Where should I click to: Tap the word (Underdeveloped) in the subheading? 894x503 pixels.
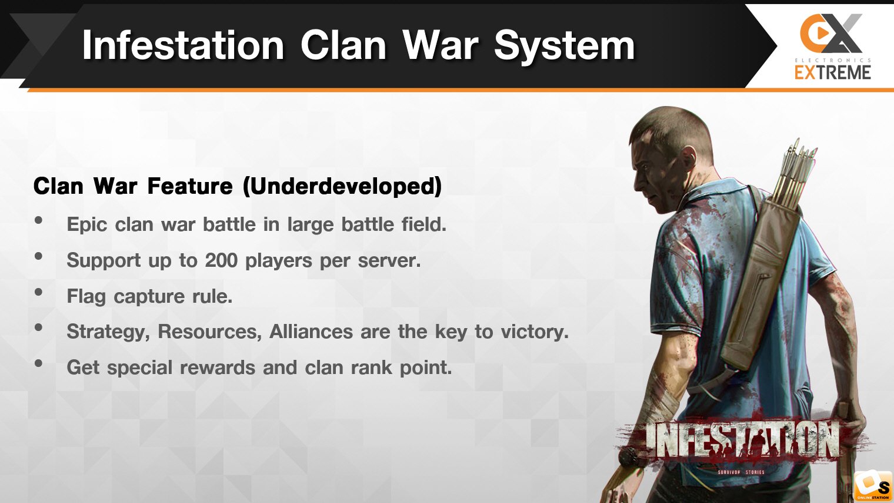pyautogui.click(x=342, y=186)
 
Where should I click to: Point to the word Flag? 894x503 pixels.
pyautogui.click(x=86, y=297)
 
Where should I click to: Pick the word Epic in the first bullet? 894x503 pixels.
pyautogui.click(x=87, y=225)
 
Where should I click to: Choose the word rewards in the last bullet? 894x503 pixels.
pyautogui.click(x=218, y=368)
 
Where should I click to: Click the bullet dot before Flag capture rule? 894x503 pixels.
pyautogui.click(x=38, y=292)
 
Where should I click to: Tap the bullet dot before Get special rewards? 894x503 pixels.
pyautogui.click(x=38, y=363)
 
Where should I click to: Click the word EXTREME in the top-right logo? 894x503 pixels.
pyautogui.click(x=833, y=72)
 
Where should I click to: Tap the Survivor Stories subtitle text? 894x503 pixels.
pyautogui.click(x=741, y=472)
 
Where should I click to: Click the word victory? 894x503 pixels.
pyautogui.click(x=535, y=332)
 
